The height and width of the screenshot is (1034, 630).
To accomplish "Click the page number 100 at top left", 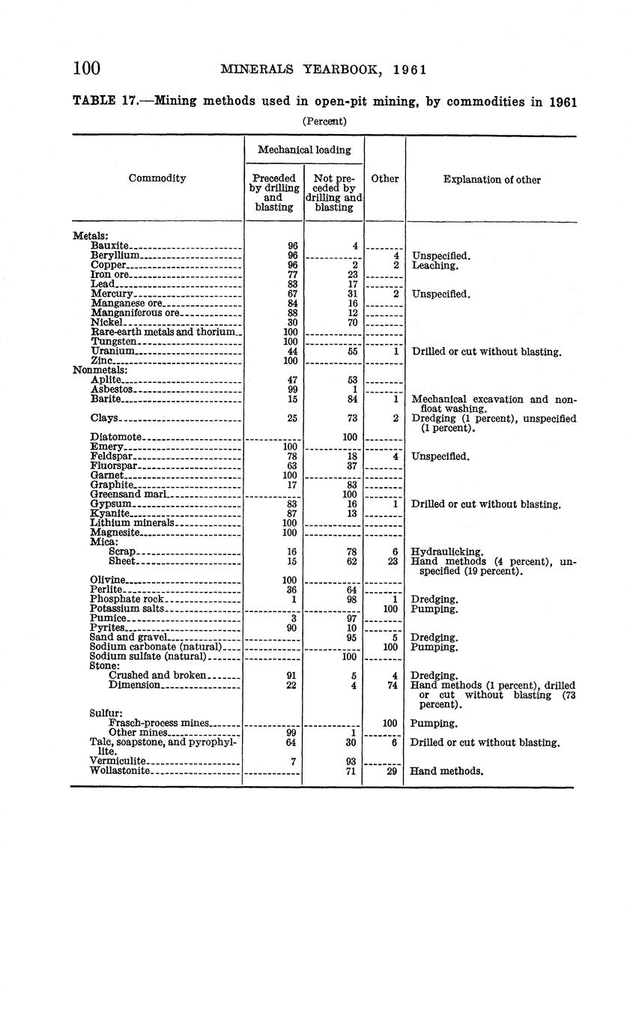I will click(x=86, y=69).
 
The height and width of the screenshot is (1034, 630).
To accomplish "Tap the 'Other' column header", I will click(x=385, y=179).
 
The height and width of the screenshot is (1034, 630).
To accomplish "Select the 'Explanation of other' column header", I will click(x=491, y=180).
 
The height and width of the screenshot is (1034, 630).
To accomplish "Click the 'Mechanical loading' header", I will click(x=303, y=150).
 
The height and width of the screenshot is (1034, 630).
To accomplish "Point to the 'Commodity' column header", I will click(x=157, y=178).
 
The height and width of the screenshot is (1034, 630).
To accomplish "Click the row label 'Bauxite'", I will click(x=109, y=246).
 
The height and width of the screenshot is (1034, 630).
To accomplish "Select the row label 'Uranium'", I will click(x=112, y=351).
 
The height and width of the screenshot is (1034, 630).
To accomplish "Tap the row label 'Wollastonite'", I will click(x=120, y=770).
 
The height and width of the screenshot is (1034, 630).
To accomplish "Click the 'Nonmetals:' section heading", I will click(x=100, y=370).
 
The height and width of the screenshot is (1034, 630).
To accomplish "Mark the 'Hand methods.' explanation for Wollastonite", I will click(x=446, y=771).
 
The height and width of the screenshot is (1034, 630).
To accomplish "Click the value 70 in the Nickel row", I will click(x=351, y=322).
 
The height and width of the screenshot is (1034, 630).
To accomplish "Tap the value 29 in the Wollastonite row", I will click(x=391, y=771).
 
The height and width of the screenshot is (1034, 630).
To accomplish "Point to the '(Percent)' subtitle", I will click(x=324, y=121).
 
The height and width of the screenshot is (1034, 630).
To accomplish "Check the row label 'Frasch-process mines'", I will click(x=158, y=723).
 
